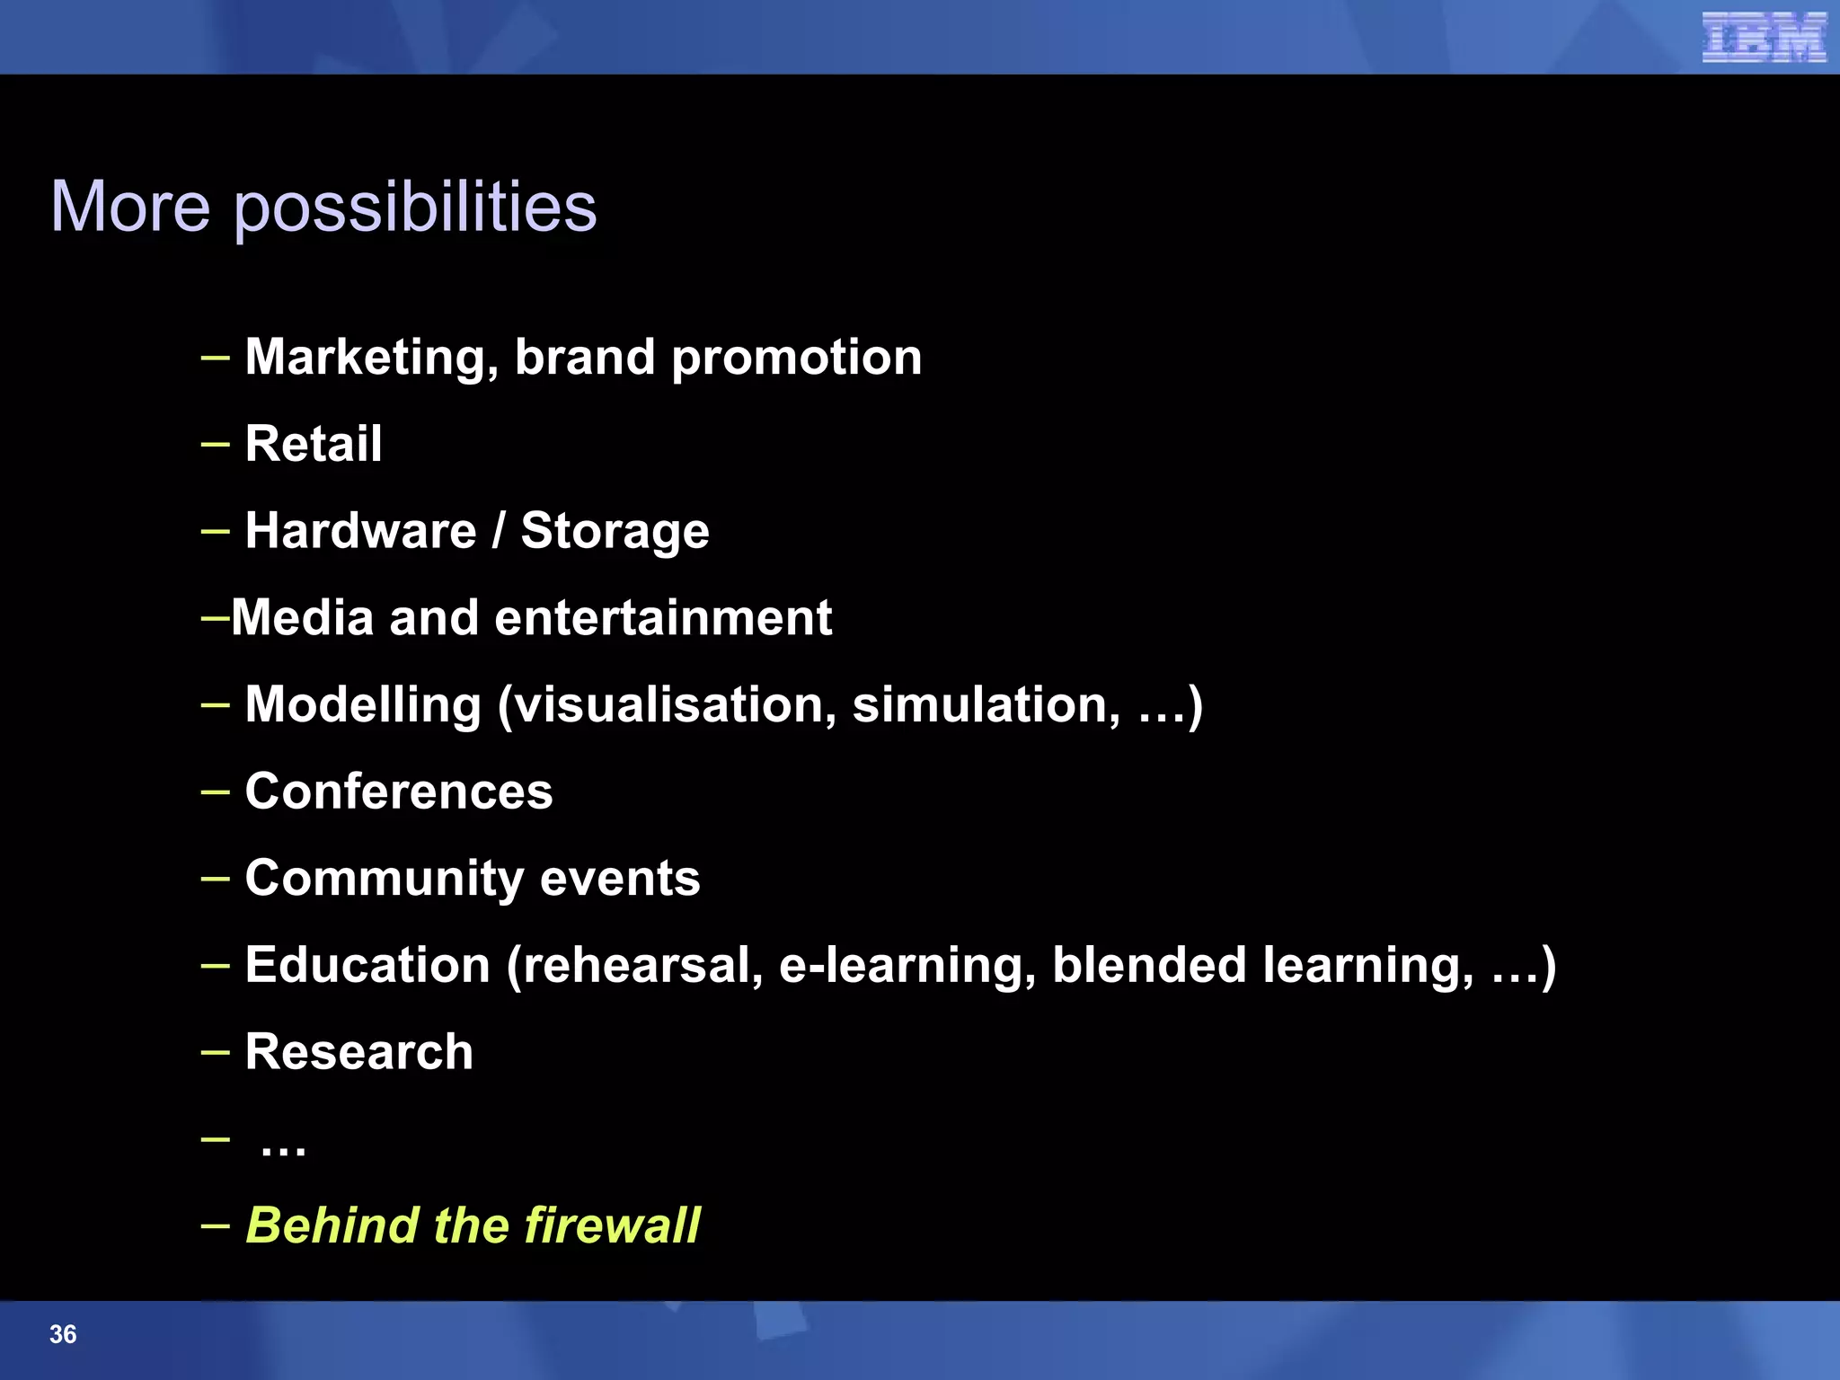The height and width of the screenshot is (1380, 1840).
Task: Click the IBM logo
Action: point(1764,38)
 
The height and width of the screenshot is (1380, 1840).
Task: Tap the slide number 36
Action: point(63,1334)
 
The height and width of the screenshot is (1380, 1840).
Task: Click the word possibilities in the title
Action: point(415,208)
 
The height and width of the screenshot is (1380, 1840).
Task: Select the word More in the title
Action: point(130,207)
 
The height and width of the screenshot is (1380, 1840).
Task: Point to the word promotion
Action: point(797,358)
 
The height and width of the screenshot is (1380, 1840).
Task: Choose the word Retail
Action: point(314,444)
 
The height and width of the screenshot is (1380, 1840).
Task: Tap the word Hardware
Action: point(360,530)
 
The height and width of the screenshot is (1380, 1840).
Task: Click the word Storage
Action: point(615,531)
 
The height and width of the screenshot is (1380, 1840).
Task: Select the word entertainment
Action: point(663,618)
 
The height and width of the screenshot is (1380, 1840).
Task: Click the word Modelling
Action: point(363,704)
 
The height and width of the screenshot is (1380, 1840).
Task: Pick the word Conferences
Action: point(399,792)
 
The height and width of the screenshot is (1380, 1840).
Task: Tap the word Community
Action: point(385,879)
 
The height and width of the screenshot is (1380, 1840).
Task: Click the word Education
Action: point(367,965)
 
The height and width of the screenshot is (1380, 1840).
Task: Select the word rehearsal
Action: point(641,965)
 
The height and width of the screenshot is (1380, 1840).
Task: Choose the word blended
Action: point(1149,965)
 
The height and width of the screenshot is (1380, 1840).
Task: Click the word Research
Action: point(358,1052)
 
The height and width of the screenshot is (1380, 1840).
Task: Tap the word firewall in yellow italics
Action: point(612,1225)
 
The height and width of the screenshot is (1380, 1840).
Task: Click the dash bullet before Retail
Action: point(216,444)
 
